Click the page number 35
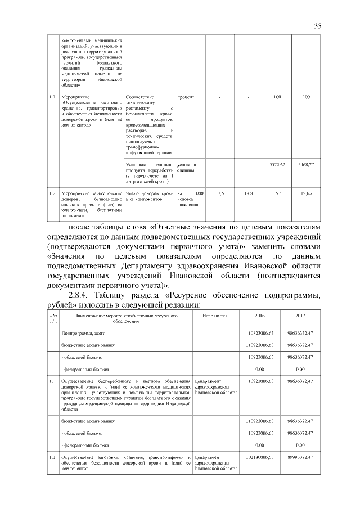point(317,26)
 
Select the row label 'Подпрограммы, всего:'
point(84,334)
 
